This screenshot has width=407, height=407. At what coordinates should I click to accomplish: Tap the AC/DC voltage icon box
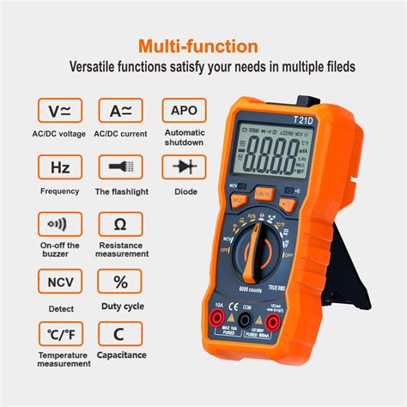tap(59, 111)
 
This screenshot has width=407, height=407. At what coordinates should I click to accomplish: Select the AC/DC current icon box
tap(120, 111)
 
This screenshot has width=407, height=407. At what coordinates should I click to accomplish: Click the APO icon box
tap(184, 111)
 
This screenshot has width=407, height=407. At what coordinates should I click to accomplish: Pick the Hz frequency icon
tap(59, 167)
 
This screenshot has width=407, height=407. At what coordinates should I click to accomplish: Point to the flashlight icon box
tap(120, 167)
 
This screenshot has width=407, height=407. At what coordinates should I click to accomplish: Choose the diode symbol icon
tap(184, 167)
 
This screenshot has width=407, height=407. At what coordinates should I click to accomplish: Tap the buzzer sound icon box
tap(59, 225)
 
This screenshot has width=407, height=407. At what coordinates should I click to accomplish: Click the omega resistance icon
tap(120, 225)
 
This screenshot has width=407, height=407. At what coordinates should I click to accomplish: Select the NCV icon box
tap(59, 282)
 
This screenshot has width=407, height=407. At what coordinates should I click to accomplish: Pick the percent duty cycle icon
tap(120, 282)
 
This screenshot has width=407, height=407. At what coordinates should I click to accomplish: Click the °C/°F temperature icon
tap(59, 336)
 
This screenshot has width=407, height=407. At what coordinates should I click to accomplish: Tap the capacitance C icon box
tap(120, 336)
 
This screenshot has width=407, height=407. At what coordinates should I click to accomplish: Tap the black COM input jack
tap(246, 320)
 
